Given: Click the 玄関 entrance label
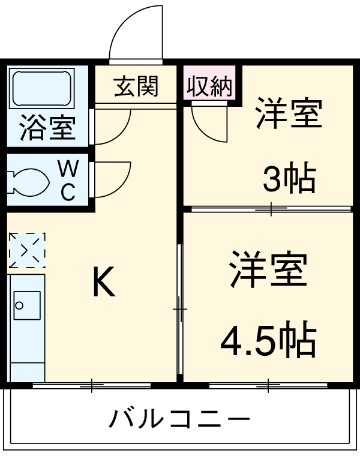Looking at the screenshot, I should (x=136, y=88).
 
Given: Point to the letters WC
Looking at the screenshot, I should (x=68, y=180).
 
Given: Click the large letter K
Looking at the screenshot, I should (x=103, y=283).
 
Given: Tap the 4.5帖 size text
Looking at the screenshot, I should (x=268, y=343).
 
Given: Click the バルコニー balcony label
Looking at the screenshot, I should (x=179, y=419).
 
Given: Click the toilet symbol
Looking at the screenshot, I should (x=27, y=180).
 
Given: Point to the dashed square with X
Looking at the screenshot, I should (x=27, y=250).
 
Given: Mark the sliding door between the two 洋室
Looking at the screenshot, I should (x=269, y=209).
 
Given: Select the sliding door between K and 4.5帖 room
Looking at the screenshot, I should (x=179, y=309).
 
